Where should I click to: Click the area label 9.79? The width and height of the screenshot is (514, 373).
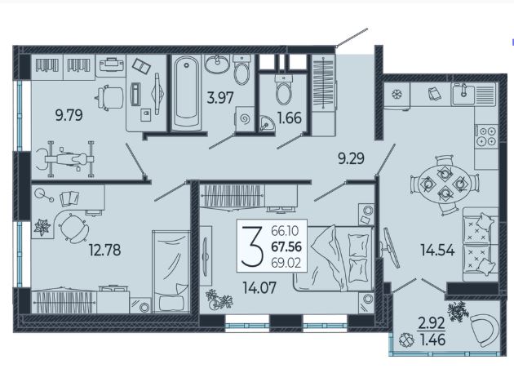pyautogui.click(x=69, y=115)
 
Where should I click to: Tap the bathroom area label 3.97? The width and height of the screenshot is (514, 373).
pyautogui.click(x=220, y=98)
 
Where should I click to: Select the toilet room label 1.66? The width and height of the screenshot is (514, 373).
pyautogui.click(x=290, y=118)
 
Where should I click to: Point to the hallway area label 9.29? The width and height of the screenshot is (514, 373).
pyautogui.click(x=351, y=159)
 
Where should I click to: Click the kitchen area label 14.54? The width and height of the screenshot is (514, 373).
pyautogui.click(x=437, y=251)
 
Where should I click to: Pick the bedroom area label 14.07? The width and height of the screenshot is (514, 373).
pyautogui.click(x=259, y=287)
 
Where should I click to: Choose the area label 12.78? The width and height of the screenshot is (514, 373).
pyautogui.click(x=105, y=251)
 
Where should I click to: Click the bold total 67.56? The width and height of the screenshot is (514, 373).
pyautogui.click(x=286, y=247)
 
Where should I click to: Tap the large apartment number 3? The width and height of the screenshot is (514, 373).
pyautogui.click(x=252, y=246)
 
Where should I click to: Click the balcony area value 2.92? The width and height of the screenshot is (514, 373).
pyautogui.click(x=432, y=323)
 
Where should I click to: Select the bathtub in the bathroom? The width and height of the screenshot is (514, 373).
pyautogui.click(x=187, y=92)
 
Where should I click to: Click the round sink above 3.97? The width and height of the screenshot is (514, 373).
pyautogui.click(x=217, y=64)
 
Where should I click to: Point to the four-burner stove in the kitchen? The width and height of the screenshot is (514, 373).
pyautogui.click(x=486, y=136)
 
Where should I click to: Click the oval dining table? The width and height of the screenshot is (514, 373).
pyautogui.click(x=444, y=184)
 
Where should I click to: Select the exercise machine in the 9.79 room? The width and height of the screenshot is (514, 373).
pyautogui.click(x=65, y=159)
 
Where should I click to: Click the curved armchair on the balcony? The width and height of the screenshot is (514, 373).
pyautogui.click(x=485, y=330)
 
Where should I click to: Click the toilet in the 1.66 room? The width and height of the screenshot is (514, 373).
pyautogui.click(x=284, y=90)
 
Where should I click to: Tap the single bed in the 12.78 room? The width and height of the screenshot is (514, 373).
pyautogui.click(x=171, y=272)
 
